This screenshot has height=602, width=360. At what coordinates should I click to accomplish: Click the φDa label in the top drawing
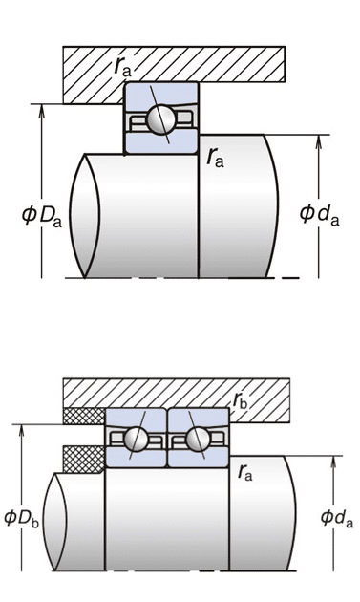pyautogui.click(x=42, y=216)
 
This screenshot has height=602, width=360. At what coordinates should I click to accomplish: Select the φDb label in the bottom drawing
pyautogui.click(x=22, y=519)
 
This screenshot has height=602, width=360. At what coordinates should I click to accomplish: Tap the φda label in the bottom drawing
pyautogui.click(x=336, y=518)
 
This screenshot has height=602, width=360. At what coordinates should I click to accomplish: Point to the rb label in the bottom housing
pyautogui.click(x=240, y=400)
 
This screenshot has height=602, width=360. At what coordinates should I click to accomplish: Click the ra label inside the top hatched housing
pyautogui.click(x=122, y=67)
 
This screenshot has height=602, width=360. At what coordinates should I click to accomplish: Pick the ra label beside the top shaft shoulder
pyautogui.click(x=215, y=158)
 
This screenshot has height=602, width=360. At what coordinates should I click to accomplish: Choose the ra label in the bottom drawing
pyautogui.click(x=244, y=472)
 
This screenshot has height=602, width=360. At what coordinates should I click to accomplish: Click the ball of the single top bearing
pyautogui.click(x=160, y=119)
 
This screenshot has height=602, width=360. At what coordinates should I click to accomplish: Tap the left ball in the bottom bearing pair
pyautogui.click(x=136, y=439)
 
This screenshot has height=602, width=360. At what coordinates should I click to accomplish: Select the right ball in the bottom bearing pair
pyautogui.click(x=198, y=439)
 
